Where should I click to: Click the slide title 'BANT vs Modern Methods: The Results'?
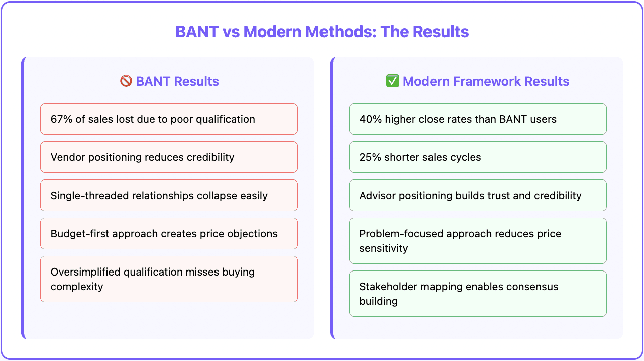(321, 32)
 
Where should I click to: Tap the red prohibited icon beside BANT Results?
(126, 81)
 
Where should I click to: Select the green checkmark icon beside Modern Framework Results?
(392, 81)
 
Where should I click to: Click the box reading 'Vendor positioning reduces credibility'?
(169, 157)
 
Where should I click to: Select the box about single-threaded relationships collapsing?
(169, 196)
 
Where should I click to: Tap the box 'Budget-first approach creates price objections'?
(169, 234)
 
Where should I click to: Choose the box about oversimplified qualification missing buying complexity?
(169, 279)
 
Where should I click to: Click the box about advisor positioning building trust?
(477, 196)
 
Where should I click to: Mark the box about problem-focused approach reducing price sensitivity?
(477, 241)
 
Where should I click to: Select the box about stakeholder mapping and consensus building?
(477, 294)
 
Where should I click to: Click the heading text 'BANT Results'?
(177, 81)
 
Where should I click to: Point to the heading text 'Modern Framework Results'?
(486, 81)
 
